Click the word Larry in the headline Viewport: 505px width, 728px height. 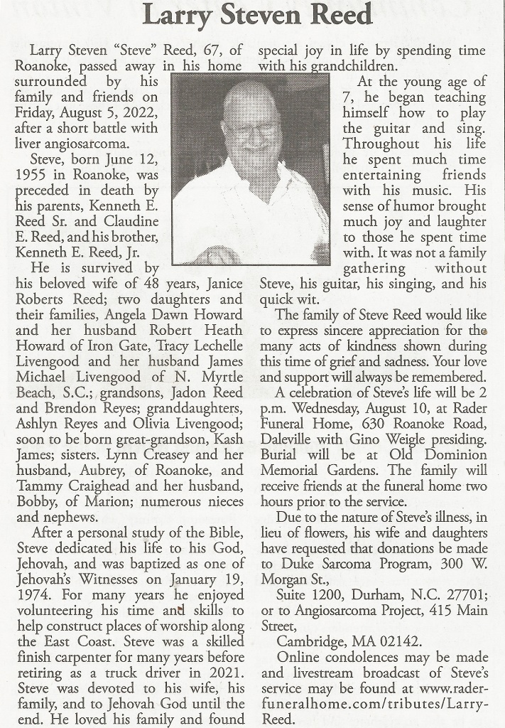pos(171,14)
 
